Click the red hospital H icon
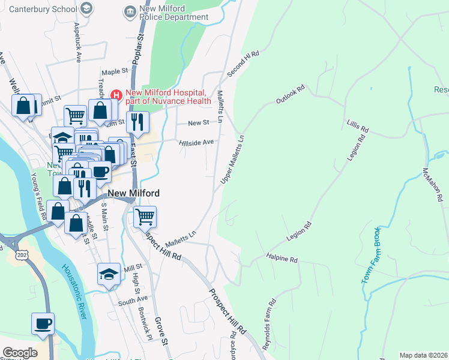pyautogui.click(x=116, y=95)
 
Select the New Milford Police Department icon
pyautogui.click(x=129, y=12)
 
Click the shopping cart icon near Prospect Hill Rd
pyautogui.click(x=145, y=215)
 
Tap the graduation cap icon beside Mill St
pyautogui.click(x=109, y=274)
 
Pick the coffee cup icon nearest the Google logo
pyautogui.click(x=43, y=323)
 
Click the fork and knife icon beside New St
pyautogui.click(x=137, y=122)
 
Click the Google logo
pyautogui.click(x=20, y=353)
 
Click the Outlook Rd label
pyautogui.click(x=291, y=94)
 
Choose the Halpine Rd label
pyautogui.click(x=282, y=260)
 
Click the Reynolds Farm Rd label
pyautogui.click(x=268, y=317)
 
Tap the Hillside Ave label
pyautogui.click(x=196, y=142)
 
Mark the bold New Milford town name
pyautogui.click(x=134, y=193)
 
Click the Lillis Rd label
pyautogui.click(x=357, y=126)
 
